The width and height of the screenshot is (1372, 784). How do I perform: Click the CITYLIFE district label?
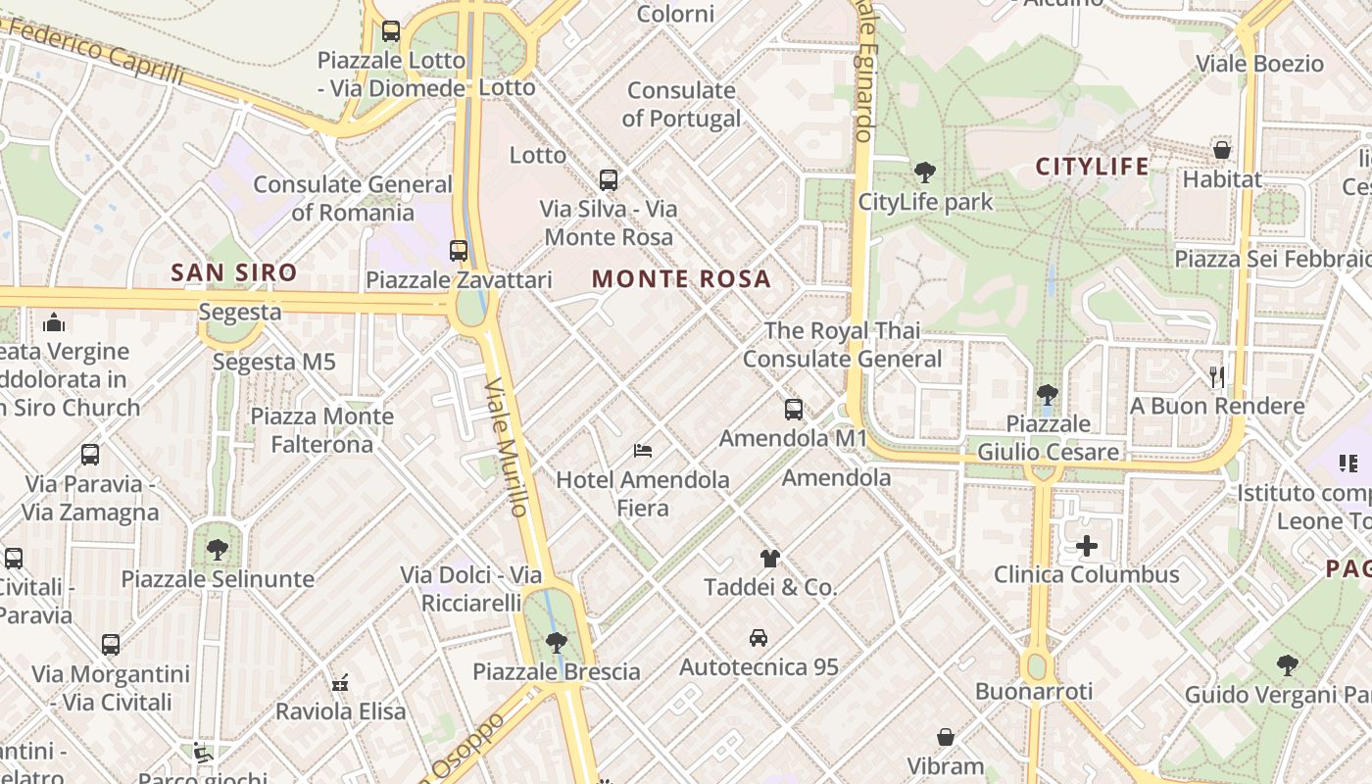click(1093, 167)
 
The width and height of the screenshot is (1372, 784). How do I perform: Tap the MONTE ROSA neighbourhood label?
click(681, 279)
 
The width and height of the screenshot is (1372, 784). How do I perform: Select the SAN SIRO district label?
click(234, 272)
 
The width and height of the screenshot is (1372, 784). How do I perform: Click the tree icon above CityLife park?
click(924, 173)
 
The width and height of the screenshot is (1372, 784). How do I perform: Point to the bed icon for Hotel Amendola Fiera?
click(643, 451)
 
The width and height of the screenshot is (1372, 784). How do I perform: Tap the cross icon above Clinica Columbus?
click(1086, 546)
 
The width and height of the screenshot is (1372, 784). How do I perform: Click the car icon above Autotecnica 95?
click(758, 638)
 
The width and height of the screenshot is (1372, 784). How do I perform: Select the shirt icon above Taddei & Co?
click(770, 559)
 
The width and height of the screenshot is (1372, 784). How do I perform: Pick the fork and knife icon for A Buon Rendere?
click(1217, 376)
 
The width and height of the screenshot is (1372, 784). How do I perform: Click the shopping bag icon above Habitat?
click(1221, 150)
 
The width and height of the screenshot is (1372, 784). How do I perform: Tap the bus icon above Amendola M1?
click(793, 410)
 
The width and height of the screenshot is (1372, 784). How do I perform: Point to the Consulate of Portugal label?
click(681, 105)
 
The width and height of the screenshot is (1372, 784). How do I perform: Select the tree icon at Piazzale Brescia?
click(556, 643)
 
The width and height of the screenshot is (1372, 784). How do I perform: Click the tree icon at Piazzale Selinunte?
click(218, 550)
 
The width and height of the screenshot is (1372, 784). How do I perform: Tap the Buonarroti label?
click(1033, 692)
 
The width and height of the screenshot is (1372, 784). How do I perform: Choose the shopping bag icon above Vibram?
click(946, 736)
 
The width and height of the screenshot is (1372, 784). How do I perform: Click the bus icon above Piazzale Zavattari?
click(459, 250)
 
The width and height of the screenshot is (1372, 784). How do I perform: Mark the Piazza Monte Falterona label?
click(322, 430)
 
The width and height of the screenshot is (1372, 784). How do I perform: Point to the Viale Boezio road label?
click(1259, 65)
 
